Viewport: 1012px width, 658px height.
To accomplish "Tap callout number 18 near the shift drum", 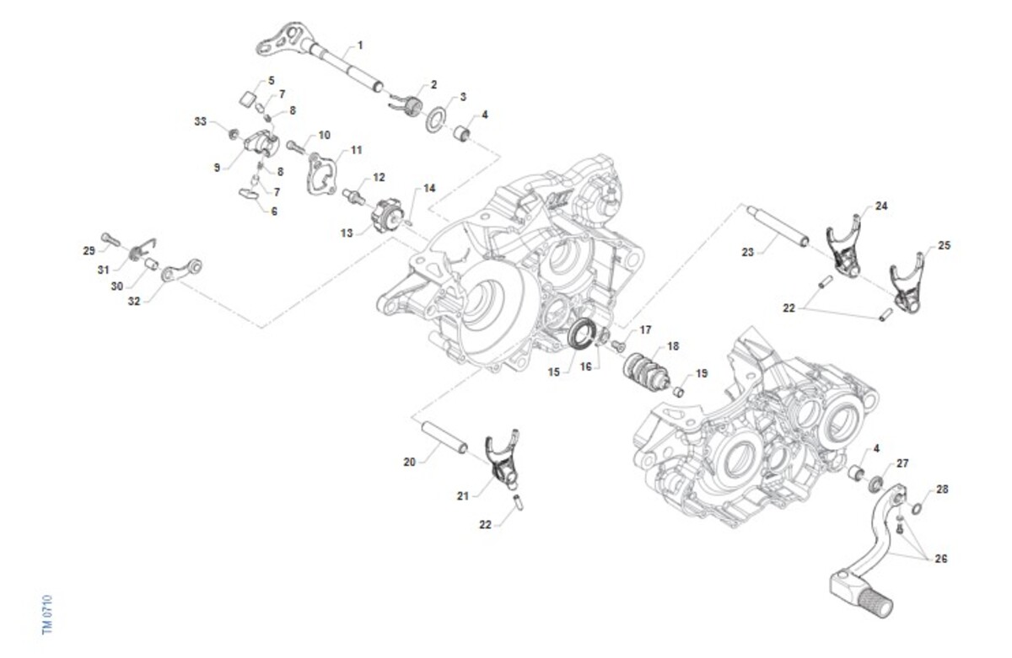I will [672, 345].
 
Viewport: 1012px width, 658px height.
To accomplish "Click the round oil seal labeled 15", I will [581, 334].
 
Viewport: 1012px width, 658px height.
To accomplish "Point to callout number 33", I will [200, 122].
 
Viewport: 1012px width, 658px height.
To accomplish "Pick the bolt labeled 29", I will [107, 239].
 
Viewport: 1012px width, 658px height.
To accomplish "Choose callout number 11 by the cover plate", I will [356, 150].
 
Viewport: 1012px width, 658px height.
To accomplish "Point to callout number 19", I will [702, 373].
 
